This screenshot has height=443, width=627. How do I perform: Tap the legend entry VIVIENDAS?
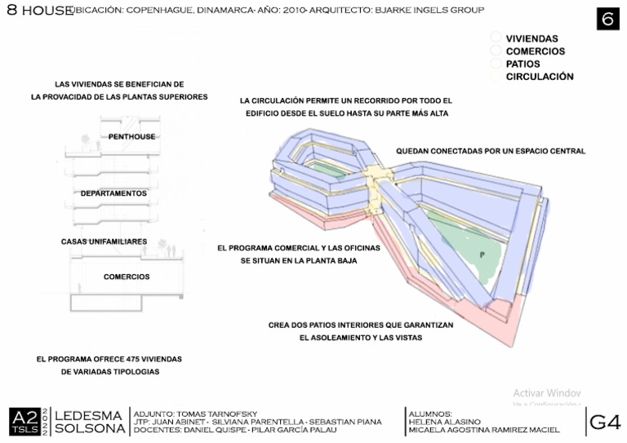pyautogui.click(x=531, y=38)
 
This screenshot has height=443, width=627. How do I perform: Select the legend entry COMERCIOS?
pyautogui.click(x=535, y=51)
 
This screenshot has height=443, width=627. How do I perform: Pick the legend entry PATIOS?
pyautogui.click(x=522, y=64)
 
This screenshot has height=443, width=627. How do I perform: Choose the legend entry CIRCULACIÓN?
pyautogui.click(x=539, y=77)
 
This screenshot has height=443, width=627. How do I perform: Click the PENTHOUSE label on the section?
pyautogui.click(x=131, y=136)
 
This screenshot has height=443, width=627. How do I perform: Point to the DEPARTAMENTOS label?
pyautogui.click(x=113, y=194)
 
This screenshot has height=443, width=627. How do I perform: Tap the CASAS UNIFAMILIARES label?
pyautogui.click(x=104, y=241)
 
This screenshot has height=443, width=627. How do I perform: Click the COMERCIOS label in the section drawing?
pyautogui.click(x=127, y=277)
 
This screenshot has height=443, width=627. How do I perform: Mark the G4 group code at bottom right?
pyautogui.click(x=605, y=422)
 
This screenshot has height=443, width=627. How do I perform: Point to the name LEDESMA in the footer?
pyautogui.click(x=89, y=415)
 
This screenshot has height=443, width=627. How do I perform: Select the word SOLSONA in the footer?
pyautogui.click(x=89, y=429)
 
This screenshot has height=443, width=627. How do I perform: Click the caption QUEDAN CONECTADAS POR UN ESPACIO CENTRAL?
pyautogui.click(x=491, y=151)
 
